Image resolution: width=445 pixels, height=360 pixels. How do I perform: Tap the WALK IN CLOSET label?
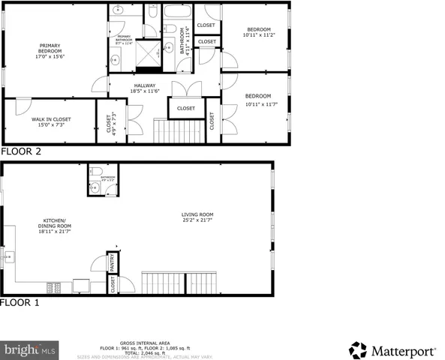coord(50,122)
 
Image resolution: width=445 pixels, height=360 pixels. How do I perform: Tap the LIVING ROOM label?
coord(197,218)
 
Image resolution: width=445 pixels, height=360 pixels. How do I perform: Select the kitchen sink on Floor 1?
coord(8,258)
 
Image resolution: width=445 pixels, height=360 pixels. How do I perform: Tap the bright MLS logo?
coord(30,349)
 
